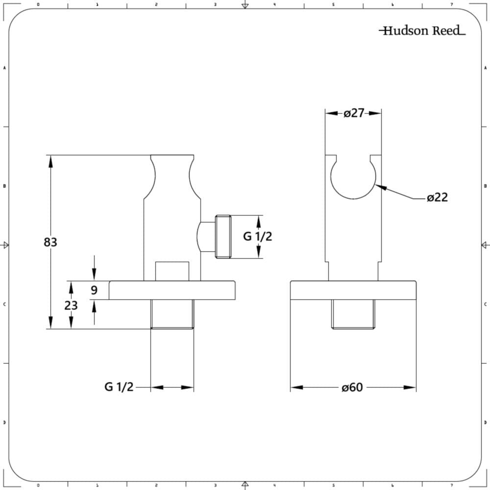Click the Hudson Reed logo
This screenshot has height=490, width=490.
422,30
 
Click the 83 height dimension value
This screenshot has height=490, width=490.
50,242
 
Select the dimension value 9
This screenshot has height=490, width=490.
94,290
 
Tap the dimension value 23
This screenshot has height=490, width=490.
71,305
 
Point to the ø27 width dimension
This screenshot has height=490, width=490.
354,113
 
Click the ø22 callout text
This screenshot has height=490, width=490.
437,197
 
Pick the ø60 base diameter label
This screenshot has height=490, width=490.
352,388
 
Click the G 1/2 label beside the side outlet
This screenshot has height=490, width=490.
258,236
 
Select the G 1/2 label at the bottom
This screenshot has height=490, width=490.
119,387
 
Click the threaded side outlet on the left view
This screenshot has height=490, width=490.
223,237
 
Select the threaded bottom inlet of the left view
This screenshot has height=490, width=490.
172,314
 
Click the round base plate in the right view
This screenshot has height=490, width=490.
353,290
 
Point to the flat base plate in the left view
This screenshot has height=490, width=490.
172,290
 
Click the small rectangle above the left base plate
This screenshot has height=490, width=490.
172,271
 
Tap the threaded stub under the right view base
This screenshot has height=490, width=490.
353,314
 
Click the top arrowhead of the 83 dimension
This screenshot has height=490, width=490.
50,161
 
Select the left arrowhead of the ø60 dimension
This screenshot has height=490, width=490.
297,388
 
